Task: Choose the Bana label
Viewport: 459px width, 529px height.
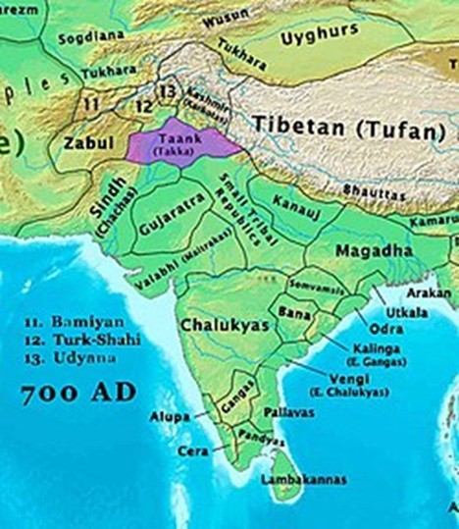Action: pyautogui.click(x=291, y=311)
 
